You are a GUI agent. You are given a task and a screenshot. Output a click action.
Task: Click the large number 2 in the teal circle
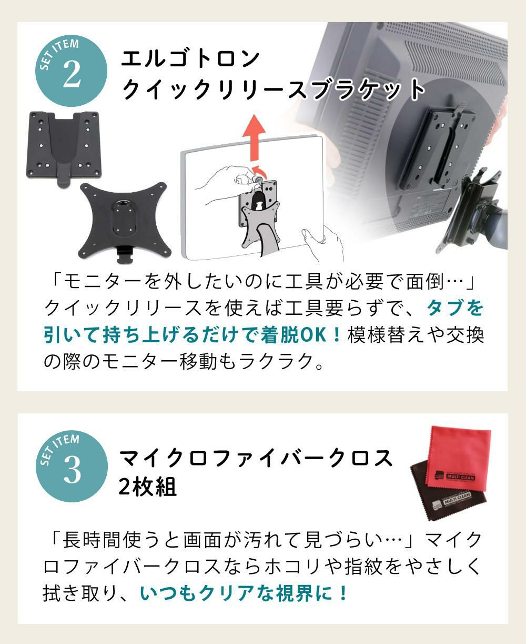tap(72, 73)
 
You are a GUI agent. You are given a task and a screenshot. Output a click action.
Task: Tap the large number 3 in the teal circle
tap(72, 470)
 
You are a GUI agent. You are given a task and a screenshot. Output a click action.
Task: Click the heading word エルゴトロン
tap(190, 59)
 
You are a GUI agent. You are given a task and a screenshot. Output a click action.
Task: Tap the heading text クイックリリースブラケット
tap(273, 89)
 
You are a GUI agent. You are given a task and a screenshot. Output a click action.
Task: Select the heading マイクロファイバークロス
tap(256, 458)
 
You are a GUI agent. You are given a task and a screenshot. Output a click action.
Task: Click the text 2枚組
tap(148, 487)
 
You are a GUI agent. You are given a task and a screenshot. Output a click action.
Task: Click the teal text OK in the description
tap(313, 335)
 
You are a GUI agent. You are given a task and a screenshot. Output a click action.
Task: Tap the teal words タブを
tap(455, 308)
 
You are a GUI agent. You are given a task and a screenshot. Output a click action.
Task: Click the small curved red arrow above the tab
tap(260, 171)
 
